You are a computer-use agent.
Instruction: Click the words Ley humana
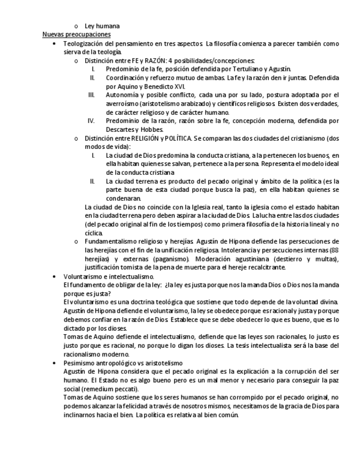(102, 26)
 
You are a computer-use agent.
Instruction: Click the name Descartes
(123, 129)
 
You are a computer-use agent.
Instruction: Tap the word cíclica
(94, 232)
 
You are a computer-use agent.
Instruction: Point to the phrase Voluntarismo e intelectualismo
(108, 276)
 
